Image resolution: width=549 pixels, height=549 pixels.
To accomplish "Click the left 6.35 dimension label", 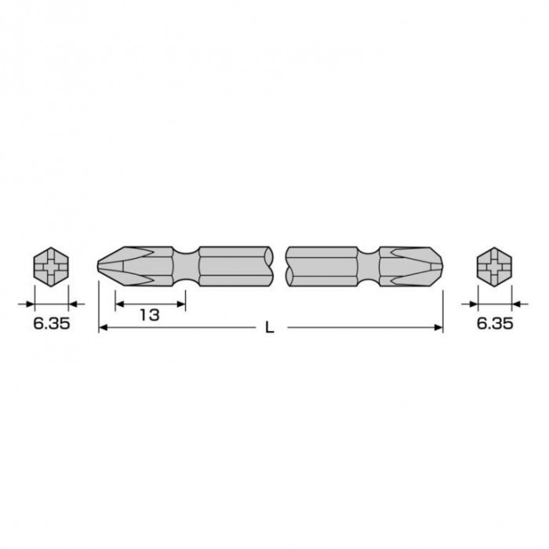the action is coord(52,323).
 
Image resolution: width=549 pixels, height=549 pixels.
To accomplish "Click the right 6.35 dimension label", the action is coord(495,323).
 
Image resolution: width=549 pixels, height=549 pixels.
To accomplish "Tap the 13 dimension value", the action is coord(150,314).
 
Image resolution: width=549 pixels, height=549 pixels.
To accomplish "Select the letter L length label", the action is coord(269,328).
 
